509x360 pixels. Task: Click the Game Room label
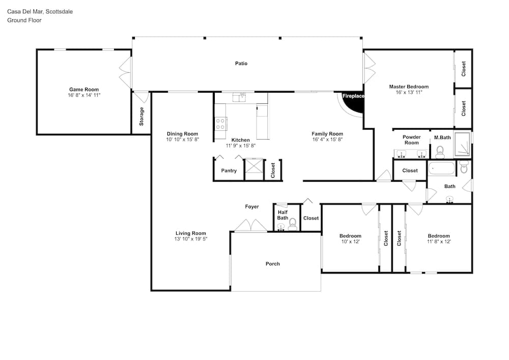pyautogui.click(x=84, y=90)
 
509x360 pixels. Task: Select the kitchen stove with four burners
pyautogui.click(x=220, y=123)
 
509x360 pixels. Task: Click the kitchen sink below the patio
pyautogui.click(x=240, y=97)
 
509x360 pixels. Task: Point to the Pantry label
pyautogui.click(x=229, y=171)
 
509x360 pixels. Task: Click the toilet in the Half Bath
pyautogui.click(x=293, y=225)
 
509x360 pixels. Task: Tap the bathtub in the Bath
pyautogui.click(x=442, y=169)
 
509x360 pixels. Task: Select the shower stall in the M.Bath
pyautogui.click(x=462, y=144)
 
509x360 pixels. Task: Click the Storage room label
pyautogui.click(x=142, y=117)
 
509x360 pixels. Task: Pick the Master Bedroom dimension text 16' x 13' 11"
pyautogui.click(x=409, y=93)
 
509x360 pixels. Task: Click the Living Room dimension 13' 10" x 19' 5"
pyautogui.click(x=190, y=239)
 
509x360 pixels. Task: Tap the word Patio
pyautogui.click(x=241, y=64)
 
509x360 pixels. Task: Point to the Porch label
pyautogui.click(x=273, y=264)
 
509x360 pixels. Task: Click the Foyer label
pyautogui.click(x=252, y=207)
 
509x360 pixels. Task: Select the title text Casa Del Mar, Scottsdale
pyautogui.click(x=40, y=12)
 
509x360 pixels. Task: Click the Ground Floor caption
pyautogui.click(x=24, y=20)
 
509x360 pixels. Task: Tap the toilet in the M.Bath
pyautogui.click(x=440, y=153)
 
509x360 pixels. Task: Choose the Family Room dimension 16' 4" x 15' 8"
pyautogui.click(x=327, y=140)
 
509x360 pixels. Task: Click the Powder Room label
pyautogui.click(x=412, y=140)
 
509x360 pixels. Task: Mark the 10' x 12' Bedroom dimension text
pyautogui.click(x=350, y=242)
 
